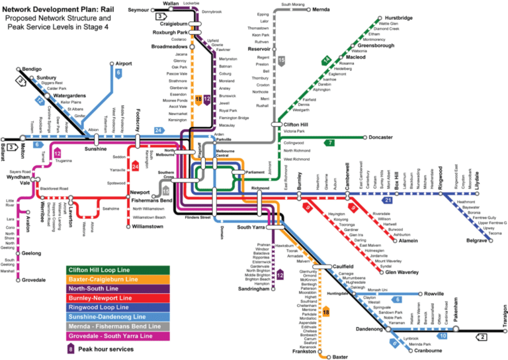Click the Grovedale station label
[x=34, y=280]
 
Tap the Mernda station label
[x=325, y=11]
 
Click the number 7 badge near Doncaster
[x=329, y=142]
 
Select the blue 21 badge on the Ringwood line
[x=389, y=200]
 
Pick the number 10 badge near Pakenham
[x=443, y=336]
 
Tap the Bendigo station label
[x=32, y=69]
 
